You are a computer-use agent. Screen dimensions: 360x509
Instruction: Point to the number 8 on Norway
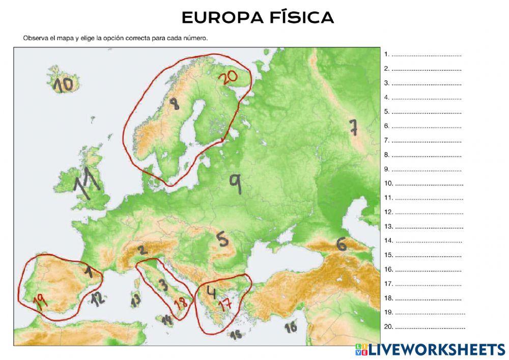[175, 104]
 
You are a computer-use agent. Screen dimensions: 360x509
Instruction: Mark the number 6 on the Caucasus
[342, 244]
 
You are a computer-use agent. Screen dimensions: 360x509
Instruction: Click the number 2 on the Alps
[142, 250]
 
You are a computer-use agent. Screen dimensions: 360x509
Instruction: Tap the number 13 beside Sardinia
[135, 300]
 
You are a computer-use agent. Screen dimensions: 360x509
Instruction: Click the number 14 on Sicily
[167, 319]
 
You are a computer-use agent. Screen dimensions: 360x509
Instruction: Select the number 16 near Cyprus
[291, 327]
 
